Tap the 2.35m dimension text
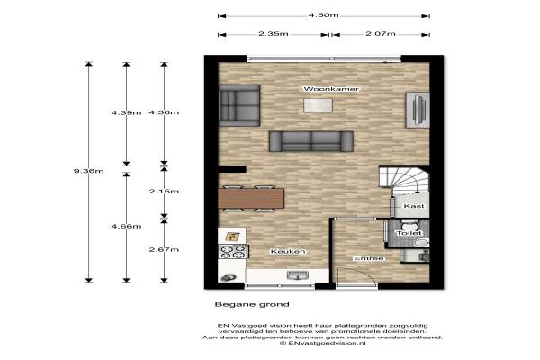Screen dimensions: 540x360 pyautogui.click(x=274, y=34)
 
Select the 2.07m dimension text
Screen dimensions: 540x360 pyautogui.click(x=381, y=34)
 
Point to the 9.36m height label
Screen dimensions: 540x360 pyautogui.click(x=88, y=171)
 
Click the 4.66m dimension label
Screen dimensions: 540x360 pyautogui.click(x=126, y=226)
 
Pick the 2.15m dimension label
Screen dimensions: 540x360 pyautogui.click(x=164, y=191)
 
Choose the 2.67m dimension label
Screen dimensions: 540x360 pyautogui.click(x=164, y=250)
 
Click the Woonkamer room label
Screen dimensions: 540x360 pyautogui.click(x=331, y=89)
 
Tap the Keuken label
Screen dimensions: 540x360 pyautogui.click(x=288, y=252)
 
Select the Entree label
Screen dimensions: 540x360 pyautogui.click(x=369, y=258)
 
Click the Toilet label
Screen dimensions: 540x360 pyautogui.click(x=409, y=233)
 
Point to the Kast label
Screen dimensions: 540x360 pyautogui.click(x=414, y=206)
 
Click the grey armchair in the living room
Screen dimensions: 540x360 pyautogui.click(x=239, y=105)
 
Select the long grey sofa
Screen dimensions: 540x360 pyautogui.click(x=311, y=141)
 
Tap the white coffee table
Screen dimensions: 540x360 pyautogui.click(x=318, y=105)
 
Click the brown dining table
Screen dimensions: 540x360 pyautogui.click(x=251, y=198)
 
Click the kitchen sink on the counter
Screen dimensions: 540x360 pyautogui.click(x=298, y=275)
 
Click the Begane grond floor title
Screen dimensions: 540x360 pyautogui.click(x=252, y=304)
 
